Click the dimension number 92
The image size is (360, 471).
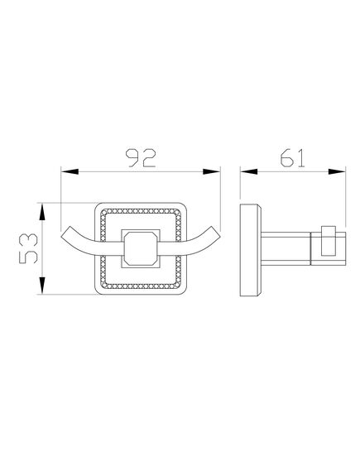141,157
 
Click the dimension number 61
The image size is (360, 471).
293,157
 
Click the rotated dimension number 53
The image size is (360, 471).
28,248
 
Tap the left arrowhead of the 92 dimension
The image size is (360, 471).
70,172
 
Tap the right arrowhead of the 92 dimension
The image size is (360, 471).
212,172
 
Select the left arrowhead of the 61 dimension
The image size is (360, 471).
249,172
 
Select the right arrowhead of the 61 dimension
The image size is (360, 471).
337,172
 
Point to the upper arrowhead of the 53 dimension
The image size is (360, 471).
42,212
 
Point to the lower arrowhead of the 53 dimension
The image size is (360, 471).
42,286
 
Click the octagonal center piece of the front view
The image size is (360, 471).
140,248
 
